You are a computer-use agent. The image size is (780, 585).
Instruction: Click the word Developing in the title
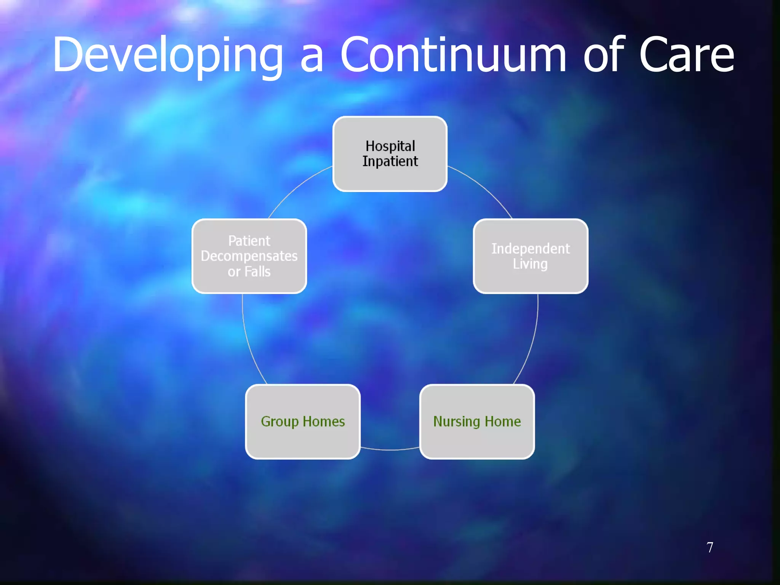point(168,55)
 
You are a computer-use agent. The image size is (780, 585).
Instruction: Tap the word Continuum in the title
point(453,55)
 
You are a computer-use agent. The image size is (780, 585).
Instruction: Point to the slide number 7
point(710,547)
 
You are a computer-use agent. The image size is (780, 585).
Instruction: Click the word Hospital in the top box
point(390,146)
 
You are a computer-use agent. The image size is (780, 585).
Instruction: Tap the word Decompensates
point(249,256)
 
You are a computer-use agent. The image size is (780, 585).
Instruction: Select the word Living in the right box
point(530,264)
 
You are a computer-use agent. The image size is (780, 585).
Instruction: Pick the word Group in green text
point(280,422)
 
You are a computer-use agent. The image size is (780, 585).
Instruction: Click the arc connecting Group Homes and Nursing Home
point(390,450)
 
